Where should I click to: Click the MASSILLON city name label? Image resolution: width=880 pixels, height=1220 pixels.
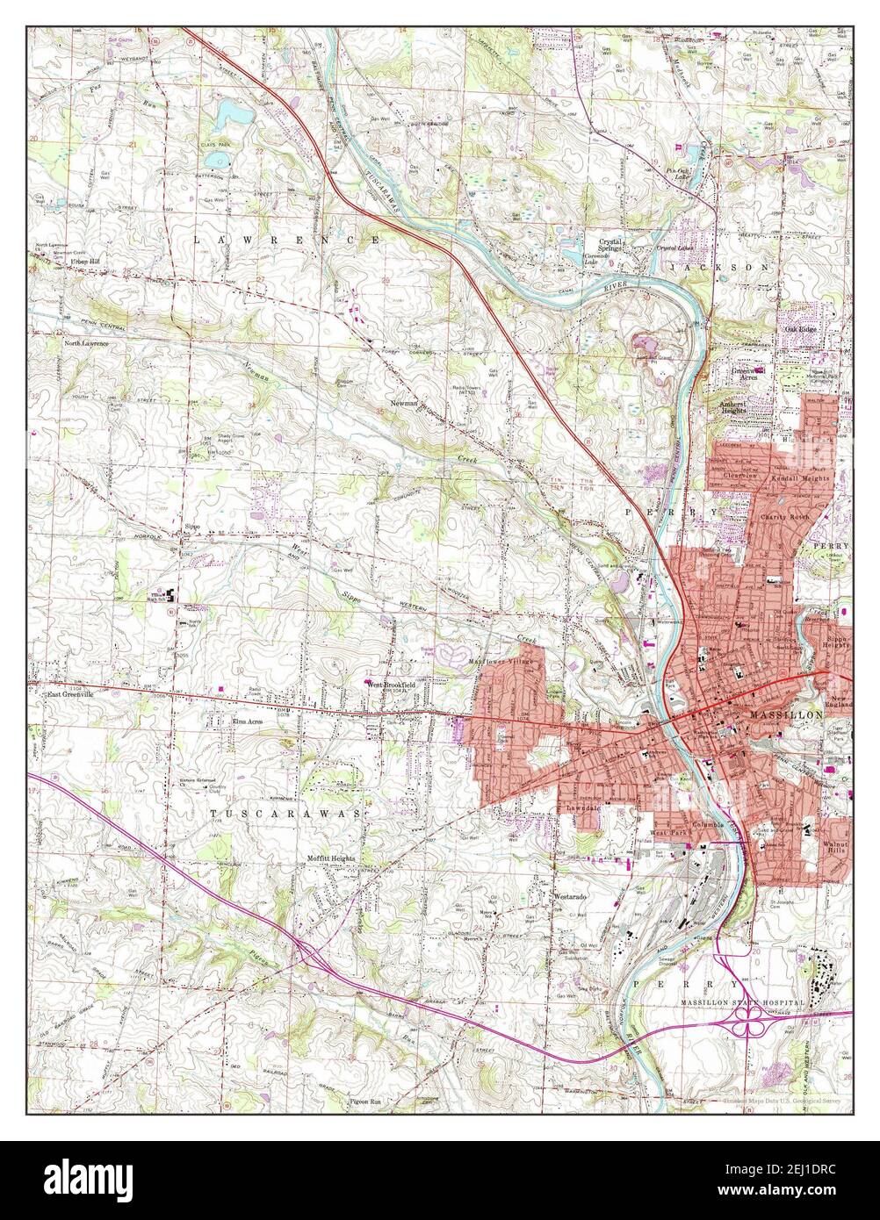[x=787, y=716]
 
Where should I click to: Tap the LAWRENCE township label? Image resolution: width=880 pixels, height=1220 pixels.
[x=286, y=239]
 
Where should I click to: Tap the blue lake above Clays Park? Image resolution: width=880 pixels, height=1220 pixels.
[x=229, y=111]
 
